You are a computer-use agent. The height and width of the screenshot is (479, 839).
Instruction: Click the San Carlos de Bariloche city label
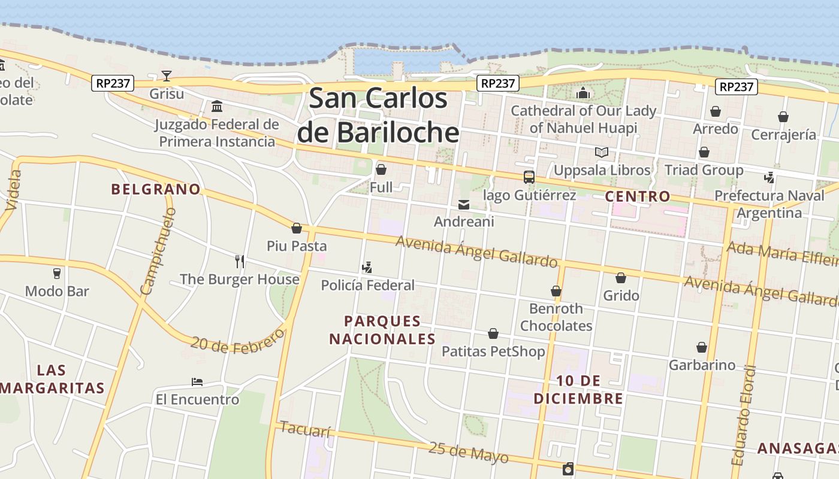pyautogui.click(x=378, y=115)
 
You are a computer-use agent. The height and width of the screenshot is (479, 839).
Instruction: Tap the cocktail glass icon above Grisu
pyautogui.click(x=167, y=76)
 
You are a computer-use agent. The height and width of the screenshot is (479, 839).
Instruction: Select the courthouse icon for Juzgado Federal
pyautogui.click(x=217, y=107)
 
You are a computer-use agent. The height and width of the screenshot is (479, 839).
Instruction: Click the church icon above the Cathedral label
pyautogui.click(x=583, y=93)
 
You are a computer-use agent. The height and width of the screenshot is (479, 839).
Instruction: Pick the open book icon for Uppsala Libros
pyautogui.click(x=602, y=152)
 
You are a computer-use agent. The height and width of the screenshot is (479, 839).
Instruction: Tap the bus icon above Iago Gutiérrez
pyautogui.click(x=529, y=177)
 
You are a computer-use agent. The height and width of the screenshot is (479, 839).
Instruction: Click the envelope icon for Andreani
pyautogui.click(x=464, y=205)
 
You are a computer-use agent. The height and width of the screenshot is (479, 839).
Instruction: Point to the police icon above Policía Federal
pyautogui.click(x=367, y=268)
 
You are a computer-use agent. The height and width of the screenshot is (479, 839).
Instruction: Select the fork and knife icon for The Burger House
pyautogui.click(x=240, y=261)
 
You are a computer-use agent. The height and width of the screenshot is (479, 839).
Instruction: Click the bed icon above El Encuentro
pyautogui.click(x=197, y=381)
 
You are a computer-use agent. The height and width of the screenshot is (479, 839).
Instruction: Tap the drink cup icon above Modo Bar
pyautogui.click(x=57, y=274)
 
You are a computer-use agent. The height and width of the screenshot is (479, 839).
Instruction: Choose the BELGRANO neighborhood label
pyautogui.click(x=156, y=189)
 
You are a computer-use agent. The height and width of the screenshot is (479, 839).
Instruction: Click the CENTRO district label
pyautogui.click(x=638, y=196)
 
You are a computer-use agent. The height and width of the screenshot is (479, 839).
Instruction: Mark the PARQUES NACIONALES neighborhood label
pyautogui.click(x=382, y=330)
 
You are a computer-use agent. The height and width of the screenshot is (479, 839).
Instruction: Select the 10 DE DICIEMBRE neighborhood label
pyautogui.click(x=578, y=390)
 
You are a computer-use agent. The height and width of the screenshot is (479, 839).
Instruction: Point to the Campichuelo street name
pyautogui.click(x=158, y=251)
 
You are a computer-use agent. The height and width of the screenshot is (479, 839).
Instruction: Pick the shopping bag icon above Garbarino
pyautogui.click(x=702, y=347)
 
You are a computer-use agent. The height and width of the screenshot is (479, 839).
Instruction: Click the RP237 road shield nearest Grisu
pyautogui.click(x=113, y=83)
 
